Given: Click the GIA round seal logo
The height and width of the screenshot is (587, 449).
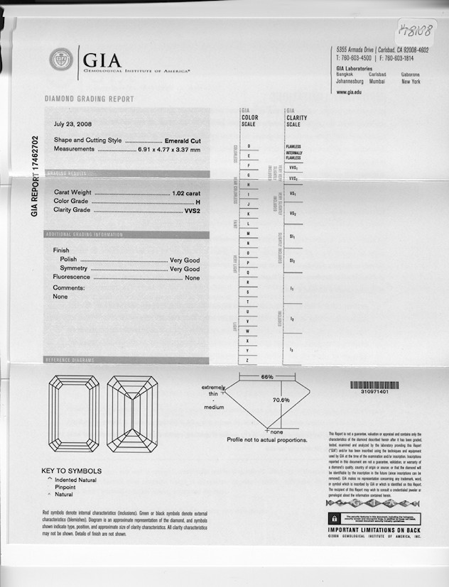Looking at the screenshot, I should pyautogui.click(x=61, y=59).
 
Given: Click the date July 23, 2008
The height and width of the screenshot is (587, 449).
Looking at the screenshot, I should pyautogui.click(x=73, y=124).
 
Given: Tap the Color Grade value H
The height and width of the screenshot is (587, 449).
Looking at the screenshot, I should pyautogui.click(x=198, y=202).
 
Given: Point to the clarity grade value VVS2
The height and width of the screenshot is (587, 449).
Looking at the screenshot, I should pyautogui.click(x=192, y=211).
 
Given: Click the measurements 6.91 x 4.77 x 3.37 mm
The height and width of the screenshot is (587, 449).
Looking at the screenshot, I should pyautogui.click(x=169, y=149).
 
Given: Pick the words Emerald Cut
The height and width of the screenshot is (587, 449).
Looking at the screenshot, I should pyautogui.click(x=182, y=141).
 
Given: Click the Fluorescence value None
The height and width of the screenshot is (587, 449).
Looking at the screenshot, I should pyautogui.click(x=192, y=278).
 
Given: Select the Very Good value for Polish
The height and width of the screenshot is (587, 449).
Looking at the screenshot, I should pyautogui.click(x=185, y=260).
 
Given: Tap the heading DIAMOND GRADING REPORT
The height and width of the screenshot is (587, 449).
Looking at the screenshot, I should pyautogui.click(x=89, y=99).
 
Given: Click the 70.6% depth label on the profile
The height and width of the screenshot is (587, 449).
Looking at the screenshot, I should pyautogui.click(x=281, y=400).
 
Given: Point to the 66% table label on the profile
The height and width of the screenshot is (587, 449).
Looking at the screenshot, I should pyautogui.click(x=268, y=376).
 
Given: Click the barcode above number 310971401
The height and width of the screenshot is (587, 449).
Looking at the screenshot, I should pyautogui.click(x=374, y=385).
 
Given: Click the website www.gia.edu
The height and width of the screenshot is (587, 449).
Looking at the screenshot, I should pyautogui.click(x=350, y=92).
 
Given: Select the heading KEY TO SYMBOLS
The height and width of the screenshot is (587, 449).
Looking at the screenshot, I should pyautogui.click(x=71, y=471).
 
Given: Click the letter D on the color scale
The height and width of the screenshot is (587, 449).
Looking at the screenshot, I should pyautogui.click(x=248, y=146).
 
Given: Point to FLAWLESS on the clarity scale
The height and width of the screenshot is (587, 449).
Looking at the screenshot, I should pyautogui.click(x=293, y=146).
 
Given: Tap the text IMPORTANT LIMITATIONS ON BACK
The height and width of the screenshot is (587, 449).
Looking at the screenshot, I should pyautogui.click(x=374, y=530).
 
